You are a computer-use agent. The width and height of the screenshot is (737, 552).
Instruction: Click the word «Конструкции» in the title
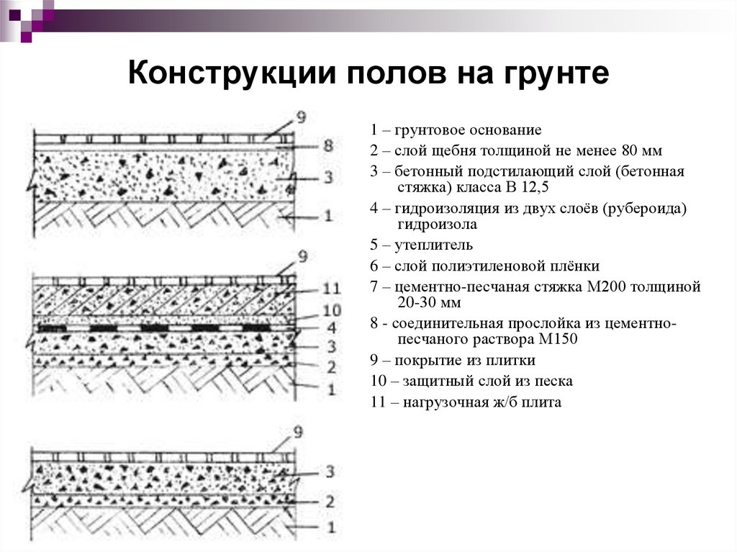(232, 73)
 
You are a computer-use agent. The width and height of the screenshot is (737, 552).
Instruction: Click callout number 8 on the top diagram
(328, 145)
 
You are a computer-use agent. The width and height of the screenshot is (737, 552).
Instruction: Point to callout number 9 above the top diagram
(302, 117)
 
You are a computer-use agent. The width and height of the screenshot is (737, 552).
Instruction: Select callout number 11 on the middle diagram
(332, 288)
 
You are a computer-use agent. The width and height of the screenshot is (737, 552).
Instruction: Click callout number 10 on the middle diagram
(332, 310)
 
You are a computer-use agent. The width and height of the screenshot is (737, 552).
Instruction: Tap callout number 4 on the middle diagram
(332, 327)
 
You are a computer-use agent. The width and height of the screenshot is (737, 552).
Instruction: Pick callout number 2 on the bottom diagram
(330, 502)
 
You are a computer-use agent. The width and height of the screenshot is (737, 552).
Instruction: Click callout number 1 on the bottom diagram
(331, 527)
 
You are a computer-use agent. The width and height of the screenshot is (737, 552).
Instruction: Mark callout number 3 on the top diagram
(328, 177)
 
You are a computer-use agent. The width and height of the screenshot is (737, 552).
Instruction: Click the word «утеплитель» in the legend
(433, 245)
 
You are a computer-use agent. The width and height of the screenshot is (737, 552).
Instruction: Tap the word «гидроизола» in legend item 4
(438, 225)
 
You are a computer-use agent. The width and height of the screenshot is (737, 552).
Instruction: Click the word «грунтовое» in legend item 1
(430, 130)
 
